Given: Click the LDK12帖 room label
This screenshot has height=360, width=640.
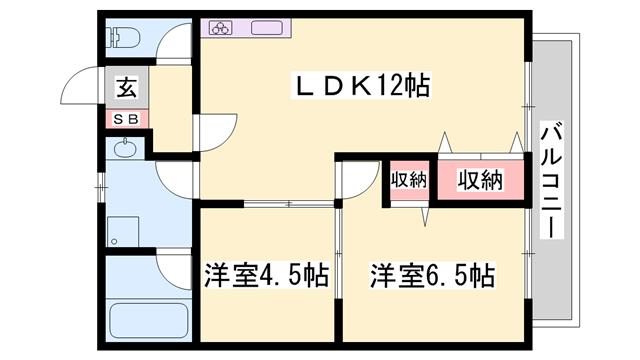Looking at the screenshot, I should click(361, 85).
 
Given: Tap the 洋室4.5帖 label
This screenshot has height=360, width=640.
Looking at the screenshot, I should click(266, 275).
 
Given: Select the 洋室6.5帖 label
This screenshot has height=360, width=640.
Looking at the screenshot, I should click(433, 275).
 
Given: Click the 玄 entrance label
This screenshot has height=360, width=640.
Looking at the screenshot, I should click(127, 88).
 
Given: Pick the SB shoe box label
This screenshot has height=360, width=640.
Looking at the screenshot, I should click(128, 119).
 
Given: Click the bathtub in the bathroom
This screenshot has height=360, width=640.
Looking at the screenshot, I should click(149, 322).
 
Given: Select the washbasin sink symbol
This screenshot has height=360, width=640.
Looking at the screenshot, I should click(125, 150).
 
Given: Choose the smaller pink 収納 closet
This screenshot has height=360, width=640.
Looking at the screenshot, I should click(408, 181).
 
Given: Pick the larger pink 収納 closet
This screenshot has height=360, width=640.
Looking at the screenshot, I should click(480, 181).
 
